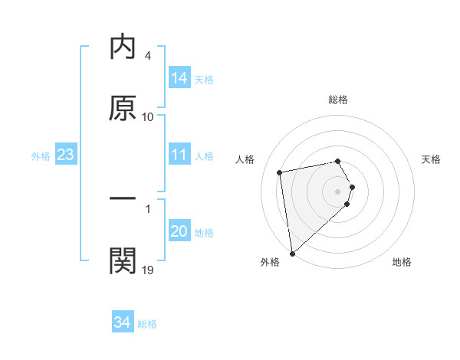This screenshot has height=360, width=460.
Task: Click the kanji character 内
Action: (x=123, y=47)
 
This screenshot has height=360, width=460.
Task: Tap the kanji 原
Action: (x=123, y=108)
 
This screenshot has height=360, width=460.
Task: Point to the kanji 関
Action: (x=123, y=260)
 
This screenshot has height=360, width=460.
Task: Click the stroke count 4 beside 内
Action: (x=148, y=56)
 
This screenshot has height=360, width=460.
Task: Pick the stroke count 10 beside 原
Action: (x=148, y=116)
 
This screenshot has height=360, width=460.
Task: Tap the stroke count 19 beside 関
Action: (x=148, y=269)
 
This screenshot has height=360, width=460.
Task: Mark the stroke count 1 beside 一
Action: (x=148, y=208)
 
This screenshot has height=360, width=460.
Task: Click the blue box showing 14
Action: (x=179, y=78)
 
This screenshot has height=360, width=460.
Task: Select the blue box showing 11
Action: (x=179, y=155)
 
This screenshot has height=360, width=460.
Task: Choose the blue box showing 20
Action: (x=179, y=231)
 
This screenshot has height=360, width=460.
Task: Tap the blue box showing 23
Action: (x=65, y=155)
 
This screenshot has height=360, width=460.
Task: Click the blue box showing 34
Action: (x=123, y=322)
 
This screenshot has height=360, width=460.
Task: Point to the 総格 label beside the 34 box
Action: (x=147, y=324)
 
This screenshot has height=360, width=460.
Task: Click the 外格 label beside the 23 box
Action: (x=41, y=156)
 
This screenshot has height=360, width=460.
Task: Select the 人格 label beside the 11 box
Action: (x=204, y=156)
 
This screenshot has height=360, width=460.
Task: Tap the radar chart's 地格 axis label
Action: (x=402, y=263)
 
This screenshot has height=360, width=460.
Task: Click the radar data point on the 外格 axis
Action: (x=292, y=253)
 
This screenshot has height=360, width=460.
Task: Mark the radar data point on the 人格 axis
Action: (x=280, y=172)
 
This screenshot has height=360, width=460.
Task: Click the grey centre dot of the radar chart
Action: (x=337, y=191)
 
